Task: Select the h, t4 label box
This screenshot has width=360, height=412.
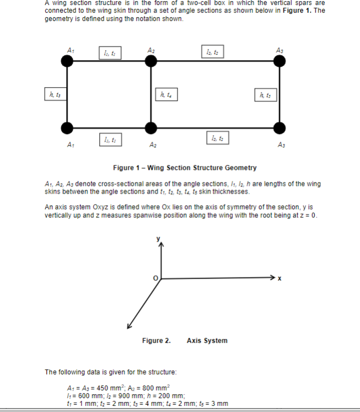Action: click(x=166, y=94)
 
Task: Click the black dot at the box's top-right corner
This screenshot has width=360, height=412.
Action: click(x=280, y=62)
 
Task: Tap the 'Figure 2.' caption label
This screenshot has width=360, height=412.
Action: click(x=156, y=340)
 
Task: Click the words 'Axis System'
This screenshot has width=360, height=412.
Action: click(x=207, y=340)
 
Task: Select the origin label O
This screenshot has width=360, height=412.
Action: click(x=155, y=279)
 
